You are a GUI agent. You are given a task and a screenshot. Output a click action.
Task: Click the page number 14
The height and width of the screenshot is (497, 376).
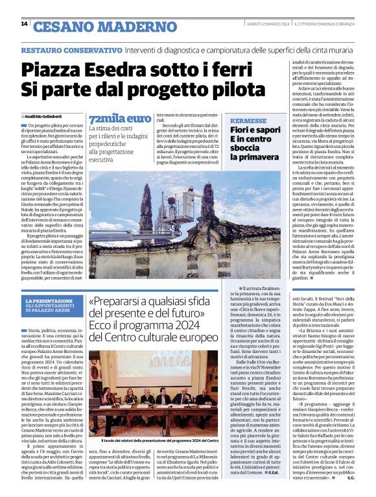(24, 24)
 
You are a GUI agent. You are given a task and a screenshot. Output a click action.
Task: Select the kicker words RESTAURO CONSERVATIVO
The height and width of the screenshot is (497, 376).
(62, 50)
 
